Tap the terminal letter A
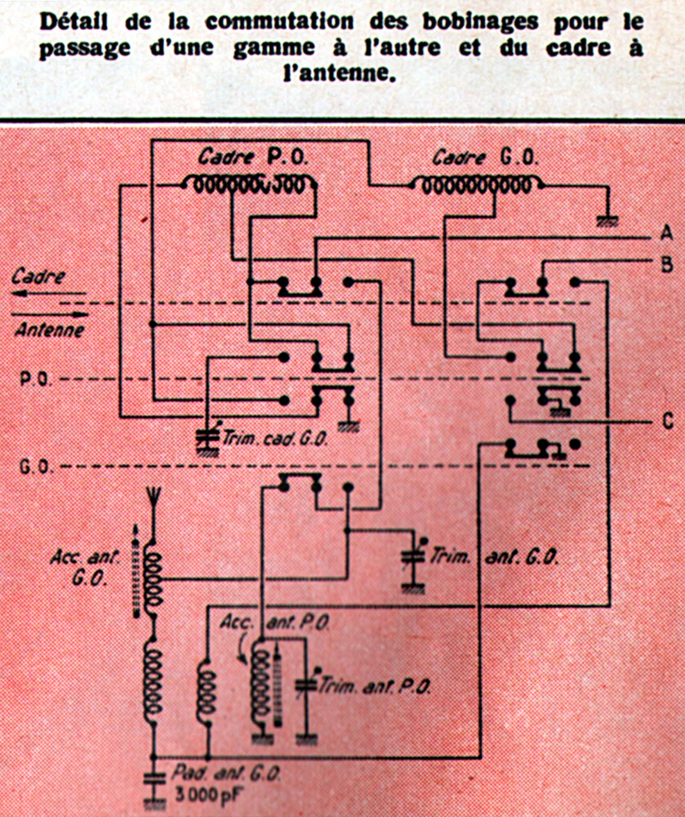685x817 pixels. (x=666, y=234)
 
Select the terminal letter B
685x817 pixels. (x=666, y=264)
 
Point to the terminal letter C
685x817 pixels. (x=667, y=422)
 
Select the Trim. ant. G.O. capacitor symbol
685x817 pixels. (x=410, y=558)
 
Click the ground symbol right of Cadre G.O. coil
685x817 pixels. (x=607, y=220)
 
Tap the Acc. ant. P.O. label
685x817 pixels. (x=275, y=623)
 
